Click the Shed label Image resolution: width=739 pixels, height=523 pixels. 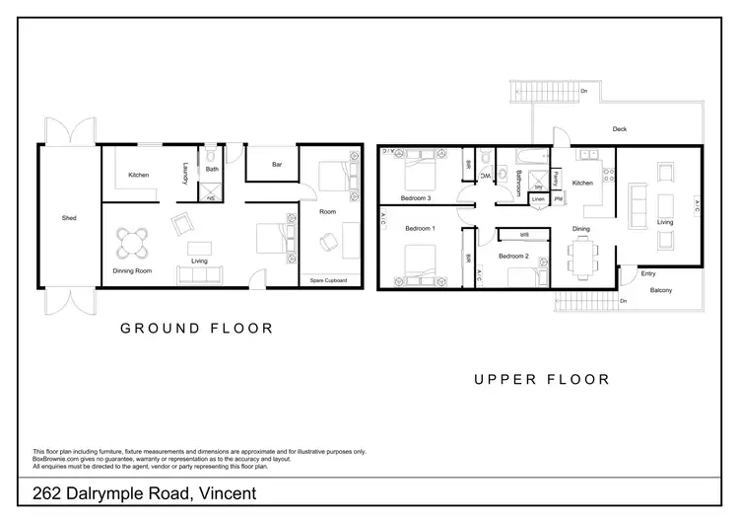pos(68,218)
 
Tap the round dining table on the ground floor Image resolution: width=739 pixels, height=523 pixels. pos(132,242)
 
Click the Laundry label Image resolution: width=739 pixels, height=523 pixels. pos(184,174)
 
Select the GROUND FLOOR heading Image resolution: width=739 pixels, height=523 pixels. pos(196,329)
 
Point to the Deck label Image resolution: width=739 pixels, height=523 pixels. pos(619,129)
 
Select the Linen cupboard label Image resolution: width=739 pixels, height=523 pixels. pos(537,199)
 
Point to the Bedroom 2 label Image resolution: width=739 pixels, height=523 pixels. pos(513,257)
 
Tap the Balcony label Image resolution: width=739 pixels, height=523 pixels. pos(660,290)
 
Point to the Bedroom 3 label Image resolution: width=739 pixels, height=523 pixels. pos(414,198)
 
